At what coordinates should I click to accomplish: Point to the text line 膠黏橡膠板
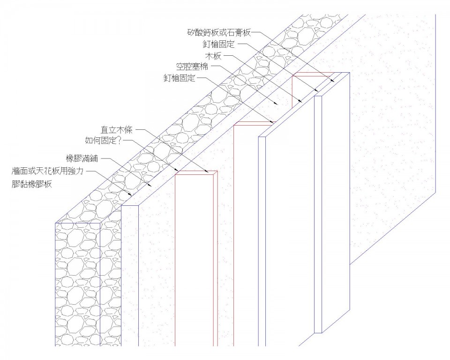tap(32, 184)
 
